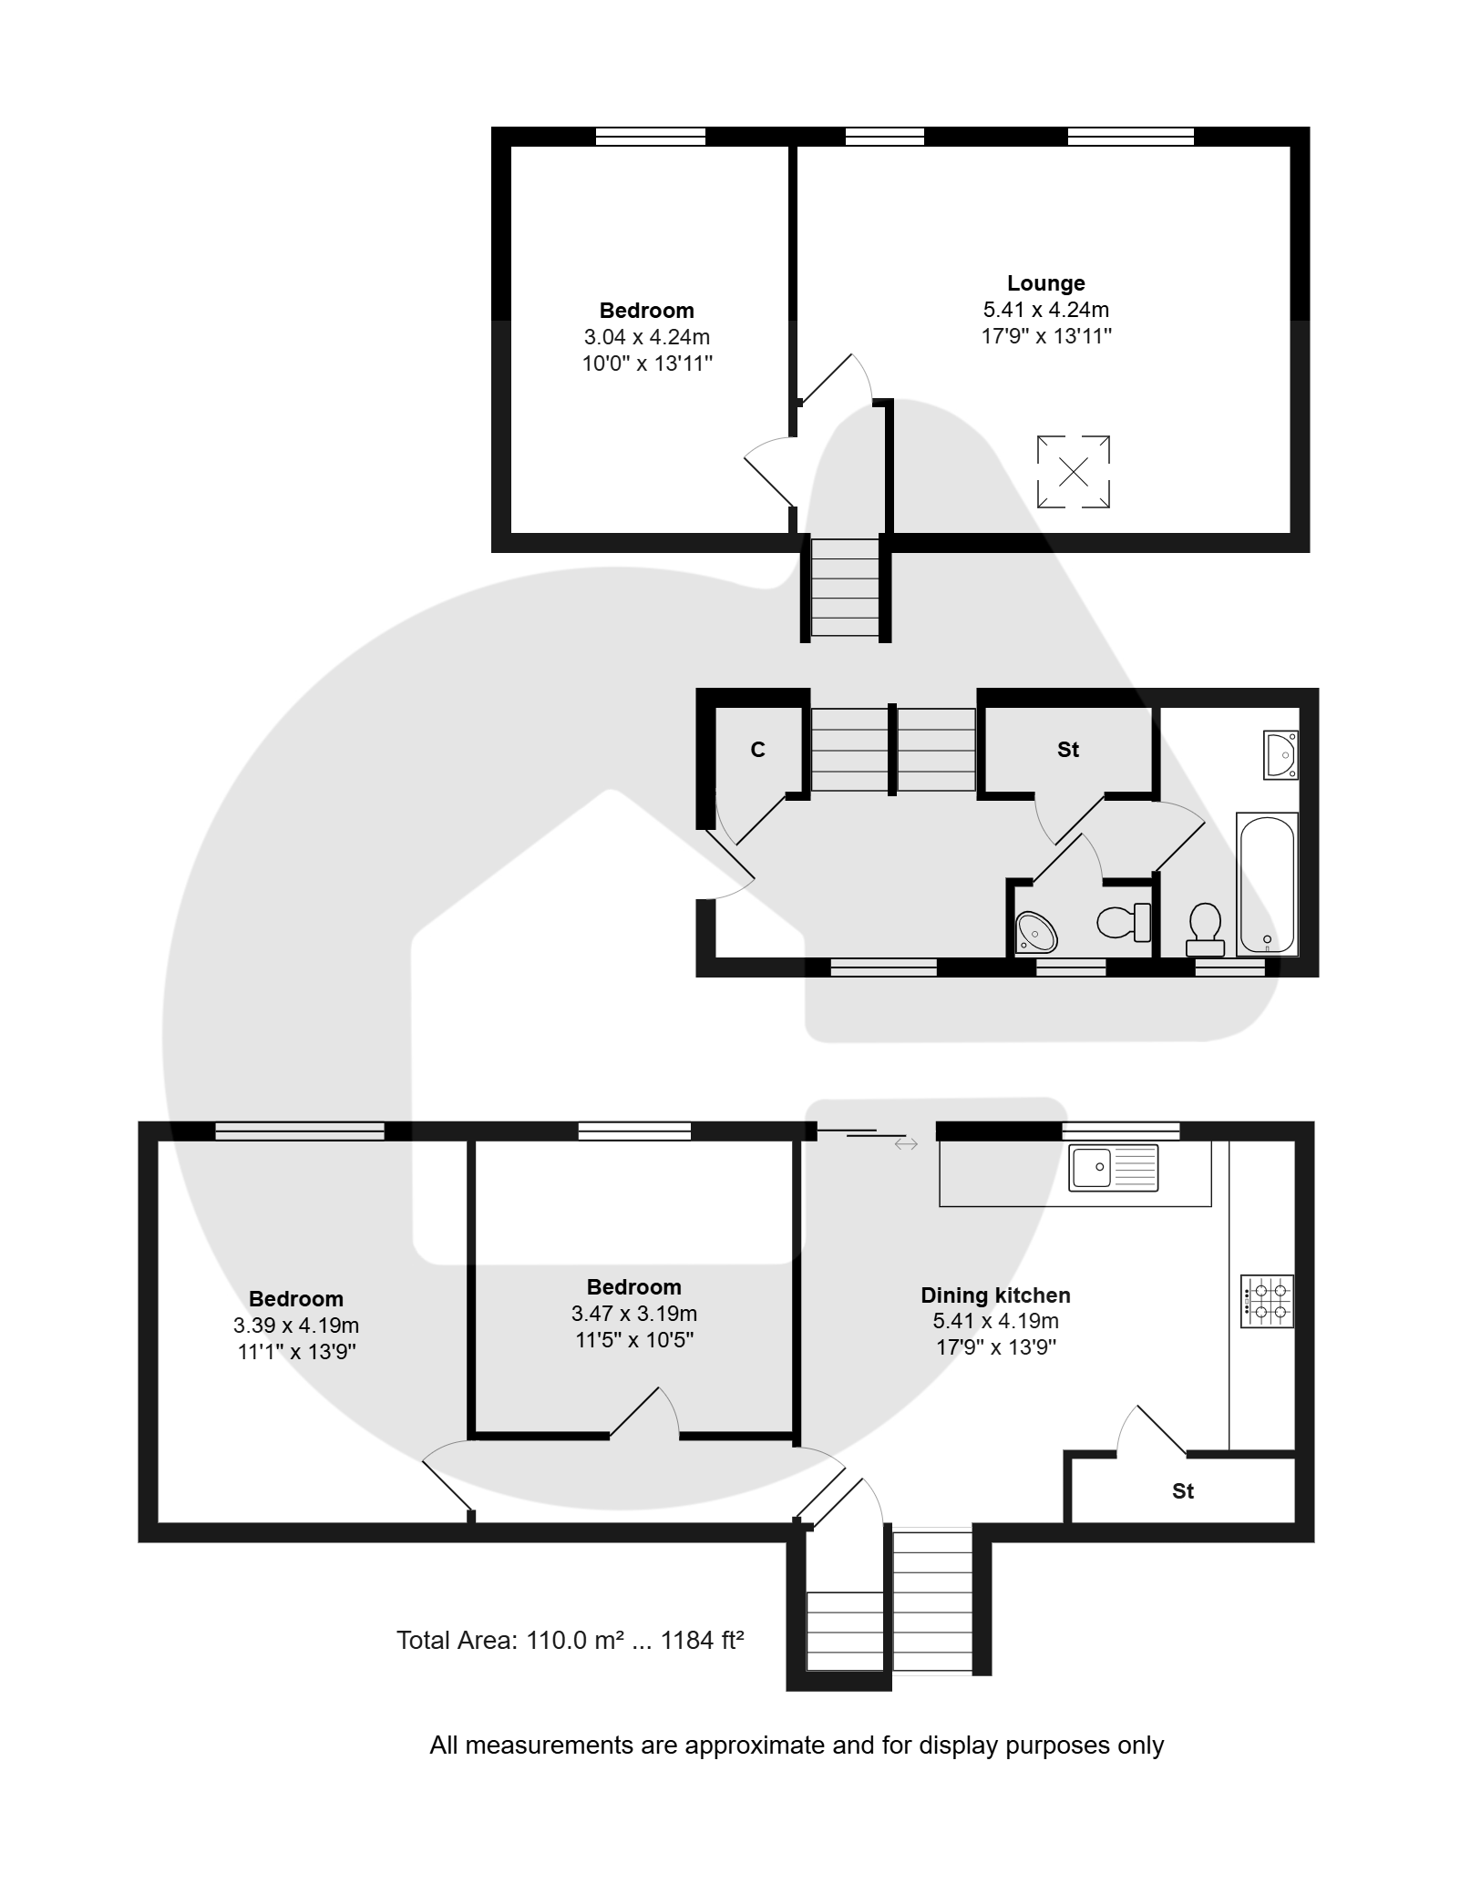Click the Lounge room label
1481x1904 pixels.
1045,283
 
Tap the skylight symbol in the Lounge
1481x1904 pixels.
1074,472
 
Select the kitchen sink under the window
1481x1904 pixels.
1113,1167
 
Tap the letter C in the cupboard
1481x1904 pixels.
757,749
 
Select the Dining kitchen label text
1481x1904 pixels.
995,1295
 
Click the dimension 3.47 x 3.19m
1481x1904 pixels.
634,1314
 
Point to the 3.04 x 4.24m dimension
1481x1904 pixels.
647,337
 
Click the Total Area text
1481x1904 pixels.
571,1641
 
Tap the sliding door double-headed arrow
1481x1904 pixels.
906,1143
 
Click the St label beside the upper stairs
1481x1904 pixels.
1068,749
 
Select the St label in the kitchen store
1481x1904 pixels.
1183,1490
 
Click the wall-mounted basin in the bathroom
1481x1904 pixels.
1280,754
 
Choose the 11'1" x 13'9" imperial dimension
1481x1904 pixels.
296,1352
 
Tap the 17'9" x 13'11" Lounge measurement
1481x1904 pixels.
1046,336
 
